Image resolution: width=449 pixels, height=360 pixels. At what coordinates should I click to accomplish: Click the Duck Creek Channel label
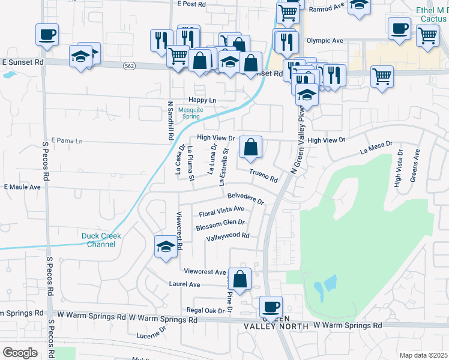(101, 240)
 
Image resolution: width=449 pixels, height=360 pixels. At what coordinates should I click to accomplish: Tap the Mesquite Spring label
(191, 113)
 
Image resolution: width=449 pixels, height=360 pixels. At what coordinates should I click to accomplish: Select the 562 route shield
(129, 65)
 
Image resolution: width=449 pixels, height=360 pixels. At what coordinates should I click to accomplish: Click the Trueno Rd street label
(264, 176)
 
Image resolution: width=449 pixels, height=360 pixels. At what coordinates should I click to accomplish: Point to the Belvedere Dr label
(246, 198)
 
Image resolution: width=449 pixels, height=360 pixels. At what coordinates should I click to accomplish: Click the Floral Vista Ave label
(221, 211)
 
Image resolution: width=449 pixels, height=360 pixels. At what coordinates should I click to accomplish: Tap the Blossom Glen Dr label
(220, 224)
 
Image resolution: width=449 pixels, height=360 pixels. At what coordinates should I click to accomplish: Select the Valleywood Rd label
(228, 236)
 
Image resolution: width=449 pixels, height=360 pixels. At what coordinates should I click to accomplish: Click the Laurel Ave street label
(184, 284)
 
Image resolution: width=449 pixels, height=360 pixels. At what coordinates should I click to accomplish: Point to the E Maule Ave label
(22, 187)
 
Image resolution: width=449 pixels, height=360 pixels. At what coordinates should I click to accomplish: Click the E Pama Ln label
(67, 140)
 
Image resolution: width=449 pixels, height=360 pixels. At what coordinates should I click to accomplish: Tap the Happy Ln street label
(202, 100)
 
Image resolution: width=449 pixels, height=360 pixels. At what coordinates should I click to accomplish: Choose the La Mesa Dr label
(376, 148)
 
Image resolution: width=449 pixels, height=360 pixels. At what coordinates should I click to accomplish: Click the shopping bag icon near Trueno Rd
(250, 146)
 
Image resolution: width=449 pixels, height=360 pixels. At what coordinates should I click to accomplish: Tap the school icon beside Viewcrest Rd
(166, 247)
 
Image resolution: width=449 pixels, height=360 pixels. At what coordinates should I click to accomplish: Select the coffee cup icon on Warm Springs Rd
(270, 307)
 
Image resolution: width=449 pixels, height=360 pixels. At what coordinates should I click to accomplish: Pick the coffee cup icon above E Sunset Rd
(47, 34)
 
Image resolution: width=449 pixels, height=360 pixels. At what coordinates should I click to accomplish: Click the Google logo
(20, 353)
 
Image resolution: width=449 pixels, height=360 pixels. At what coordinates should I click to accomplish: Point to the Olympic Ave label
(325, 41)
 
